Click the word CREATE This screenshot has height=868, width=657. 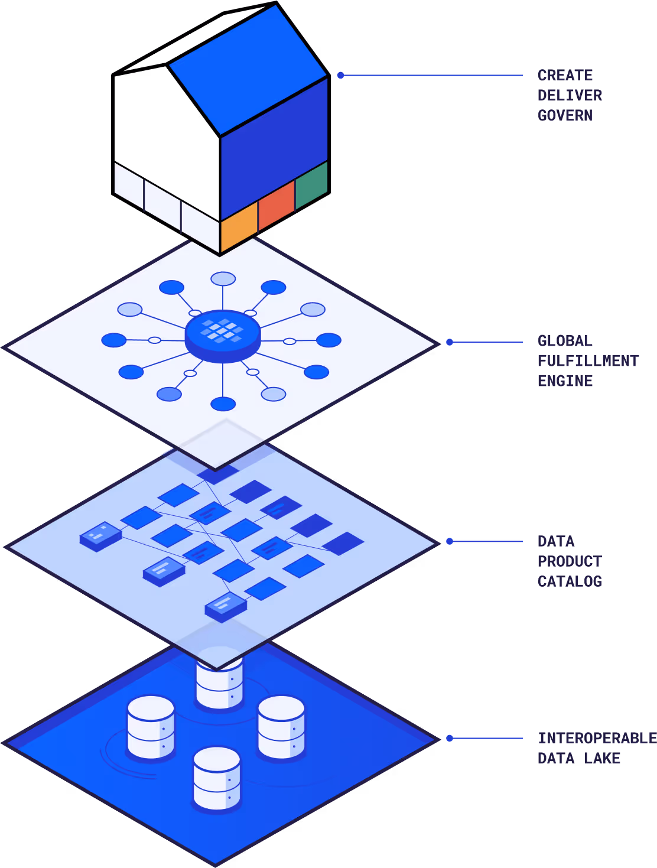[x=565, y=75]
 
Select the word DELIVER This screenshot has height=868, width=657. [x=570, y=95]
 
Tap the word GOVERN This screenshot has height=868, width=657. [x=565, y=115]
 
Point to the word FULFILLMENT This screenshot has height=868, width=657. [x=588, y=360]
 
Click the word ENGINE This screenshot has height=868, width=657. [x=565, y=381]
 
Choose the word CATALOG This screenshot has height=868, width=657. [x=570, y=581]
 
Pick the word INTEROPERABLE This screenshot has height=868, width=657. [x=597, y=738]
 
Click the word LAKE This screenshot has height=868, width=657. [x=602, y=758]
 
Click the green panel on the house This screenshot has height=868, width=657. [x=312, y=185]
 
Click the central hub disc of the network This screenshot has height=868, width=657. [x=223, y=336]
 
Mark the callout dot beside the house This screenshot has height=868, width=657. [x=341, y=75]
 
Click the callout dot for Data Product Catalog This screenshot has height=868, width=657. [x=450, y=541]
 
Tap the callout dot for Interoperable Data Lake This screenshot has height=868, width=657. [x=450, y=738]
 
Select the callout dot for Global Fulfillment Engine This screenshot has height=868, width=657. [x=450, y=342]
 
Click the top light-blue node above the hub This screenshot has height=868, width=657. [x=223, y=279]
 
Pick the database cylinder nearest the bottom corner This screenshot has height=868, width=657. [x=217, y=779]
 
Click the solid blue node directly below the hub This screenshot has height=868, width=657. [x=223, y=404]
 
